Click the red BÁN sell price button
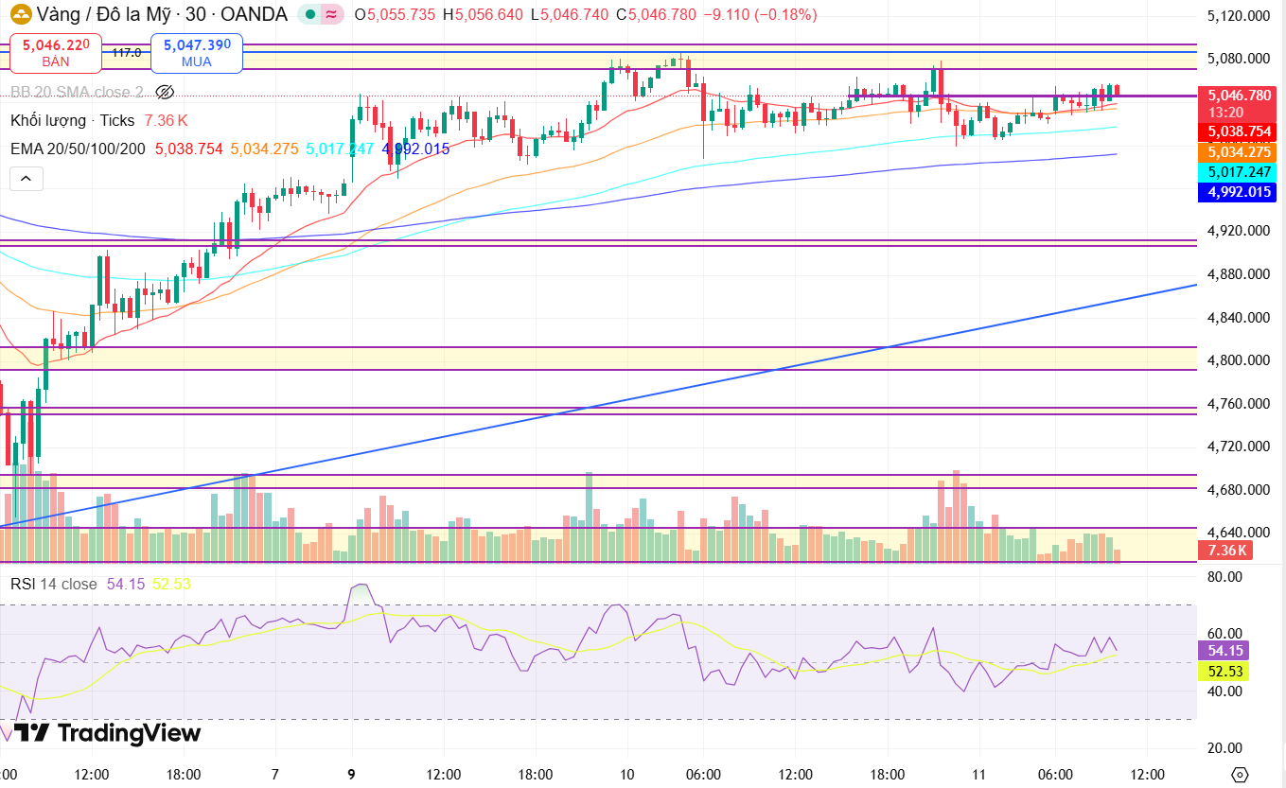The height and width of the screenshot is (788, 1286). coord(56,53)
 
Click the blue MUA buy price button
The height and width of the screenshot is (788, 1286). coord(197,53)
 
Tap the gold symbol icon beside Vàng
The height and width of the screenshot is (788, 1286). coord(21,14)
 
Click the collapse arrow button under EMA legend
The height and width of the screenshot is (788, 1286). coord(26,179)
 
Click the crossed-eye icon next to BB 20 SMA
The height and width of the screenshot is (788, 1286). coord(165,92)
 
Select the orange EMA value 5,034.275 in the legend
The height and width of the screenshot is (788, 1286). coord(264,149)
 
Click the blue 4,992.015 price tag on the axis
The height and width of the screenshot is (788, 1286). coord(1237,192)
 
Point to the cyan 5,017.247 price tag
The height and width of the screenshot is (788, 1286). coord(1237,171)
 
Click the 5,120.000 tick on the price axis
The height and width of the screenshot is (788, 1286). coord(1239,15)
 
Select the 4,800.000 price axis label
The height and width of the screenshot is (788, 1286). coord(1239,360)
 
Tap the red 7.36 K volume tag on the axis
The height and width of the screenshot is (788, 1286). coord(1225,551)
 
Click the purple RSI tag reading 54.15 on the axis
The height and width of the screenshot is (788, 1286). coord(1224,650)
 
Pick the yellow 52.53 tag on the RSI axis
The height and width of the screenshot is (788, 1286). coord(1224,671)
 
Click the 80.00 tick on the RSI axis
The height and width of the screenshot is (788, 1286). coord(1224,577)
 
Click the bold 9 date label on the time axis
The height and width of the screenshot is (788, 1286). coord(351,774)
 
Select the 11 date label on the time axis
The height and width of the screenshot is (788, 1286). coord(978,774)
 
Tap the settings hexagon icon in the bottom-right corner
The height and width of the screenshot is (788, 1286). coord(1240,775)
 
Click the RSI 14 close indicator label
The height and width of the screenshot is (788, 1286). coord(53,585)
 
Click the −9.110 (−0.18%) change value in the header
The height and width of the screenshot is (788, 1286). coord(761,14)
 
